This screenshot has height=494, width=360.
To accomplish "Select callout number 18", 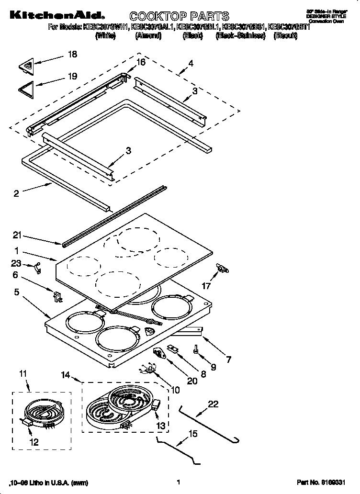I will (72, 55).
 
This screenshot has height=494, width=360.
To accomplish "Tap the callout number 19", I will (72, 76).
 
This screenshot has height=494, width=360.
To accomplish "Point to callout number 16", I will (140, 62).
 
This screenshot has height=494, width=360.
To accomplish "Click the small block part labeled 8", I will (173, 348).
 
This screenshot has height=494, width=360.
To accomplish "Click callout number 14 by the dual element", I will (67, 375).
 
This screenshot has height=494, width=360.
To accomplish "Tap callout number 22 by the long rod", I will (213, 404).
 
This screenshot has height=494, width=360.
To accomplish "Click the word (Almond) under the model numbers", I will (148, 36).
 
